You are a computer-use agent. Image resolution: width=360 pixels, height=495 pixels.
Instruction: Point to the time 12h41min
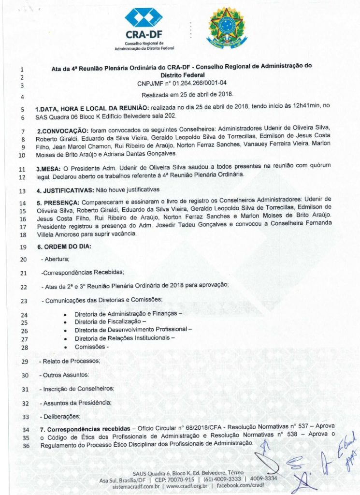point(294,105)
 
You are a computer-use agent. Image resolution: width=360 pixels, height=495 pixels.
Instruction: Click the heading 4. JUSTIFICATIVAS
point(66,190)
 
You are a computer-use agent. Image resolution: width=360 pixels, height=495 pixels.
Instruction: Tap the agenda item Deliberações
point(61,416)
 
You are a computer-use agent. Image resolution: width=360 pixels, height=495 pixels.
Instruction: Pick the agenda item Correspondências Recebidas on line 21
point(83,273)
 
